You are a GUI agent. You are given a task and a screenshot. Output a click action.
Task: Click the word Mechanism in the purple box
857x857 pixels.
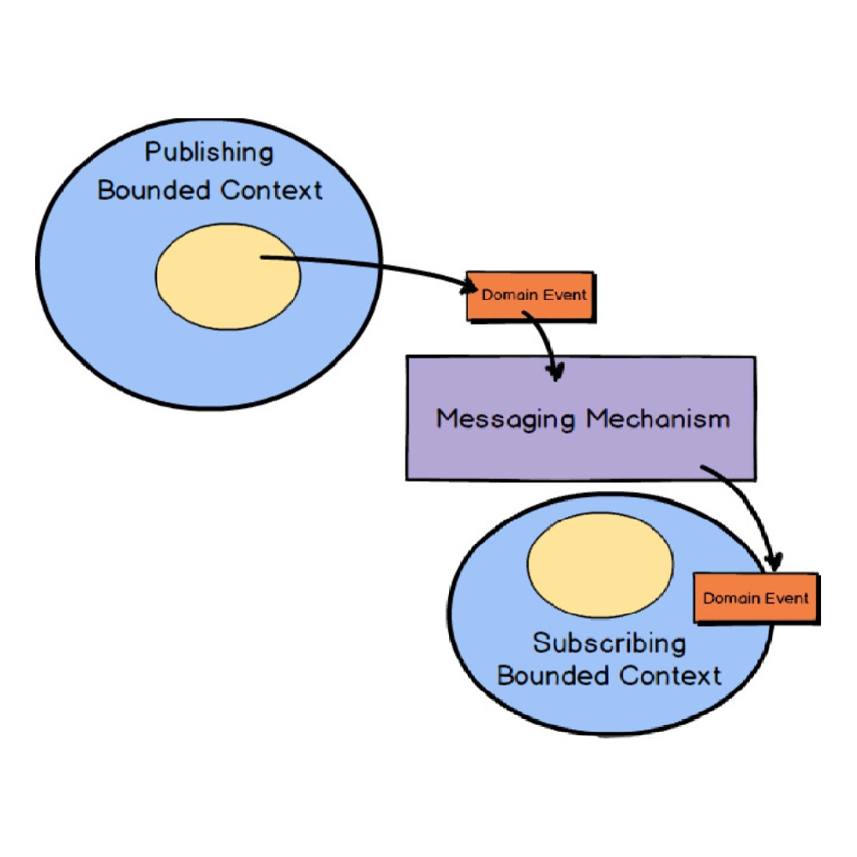[x=658, y=419]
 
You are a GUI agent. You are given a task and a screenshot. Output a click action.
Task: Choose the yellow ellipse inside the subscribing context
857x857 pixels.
[x=600, y=566]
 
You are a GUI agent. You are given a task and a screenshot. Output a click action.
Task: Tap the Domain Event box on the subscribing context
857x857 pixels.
[x=755, y=598]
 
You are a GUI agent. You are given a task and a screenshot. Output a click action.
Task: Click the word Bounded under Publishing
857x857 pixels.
[x=155, y=189]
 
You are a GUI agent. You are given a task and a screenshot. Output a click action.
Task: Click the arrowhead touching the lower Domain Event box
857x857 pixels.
[x=774, y=561]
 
